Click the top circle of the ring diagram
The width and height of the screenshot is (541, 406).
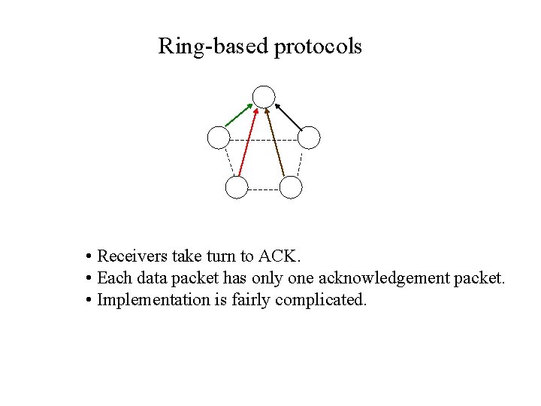point(264,96)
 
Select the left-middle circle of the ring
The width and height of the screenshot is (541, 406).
point(218,138)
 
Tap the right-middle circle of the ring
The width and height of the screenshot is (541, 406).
point(309,138)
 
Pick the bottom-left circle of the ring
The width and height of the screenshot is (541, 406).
point(237,187)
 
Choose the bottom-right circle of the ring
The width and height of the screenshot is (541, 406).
point(291,187)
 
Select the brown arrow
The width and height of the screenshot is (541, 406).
point(275,143)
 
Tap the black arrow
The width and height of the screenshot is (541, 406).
point(289,116)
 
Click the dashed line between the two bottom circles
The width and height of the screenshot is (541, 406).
point(264,189)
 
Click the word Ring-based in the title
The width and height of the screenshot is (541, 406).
point(213,47)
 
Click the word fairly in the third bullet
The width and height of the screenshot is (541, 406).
point(252,300)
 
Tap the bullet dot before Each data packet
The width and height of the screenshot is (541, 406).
point(89,278)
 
